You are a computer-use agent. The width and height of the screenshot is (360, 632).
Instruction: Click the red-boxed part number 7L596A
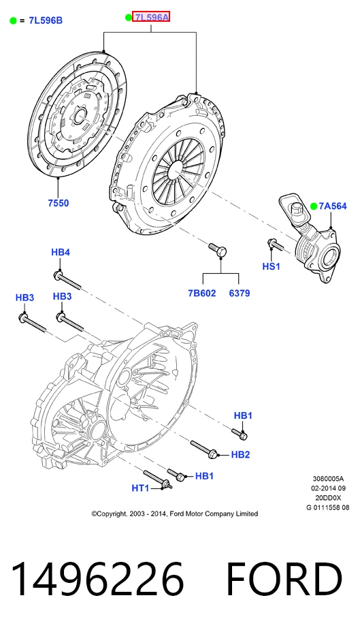(151, 17)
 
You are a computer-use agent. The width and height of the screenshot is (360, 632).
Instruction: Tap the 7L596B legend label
(46, 20)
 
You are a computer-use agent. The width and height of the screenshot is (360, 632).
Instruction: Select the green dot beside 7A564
(314, 206)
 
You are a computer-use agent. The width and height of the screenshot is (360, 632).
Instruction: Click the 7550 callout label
(59, 203)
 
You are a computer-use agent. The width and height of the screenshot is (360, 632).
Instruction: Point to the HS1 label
(271, 266)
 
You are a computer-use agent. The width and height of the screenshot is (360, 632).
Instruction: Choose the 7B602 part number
(201, 294)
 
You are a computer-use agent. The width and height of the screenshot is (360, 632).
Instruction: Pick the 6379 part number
(240, 294)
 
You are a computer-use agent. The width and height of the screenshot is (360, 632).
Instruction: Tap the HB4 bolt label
(61, 252)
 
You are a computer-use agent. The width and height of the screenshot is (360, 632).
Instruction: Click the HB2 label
(240, 455)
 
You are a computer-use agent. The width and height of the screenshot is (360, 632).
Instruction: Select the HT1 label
(141, 488)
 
